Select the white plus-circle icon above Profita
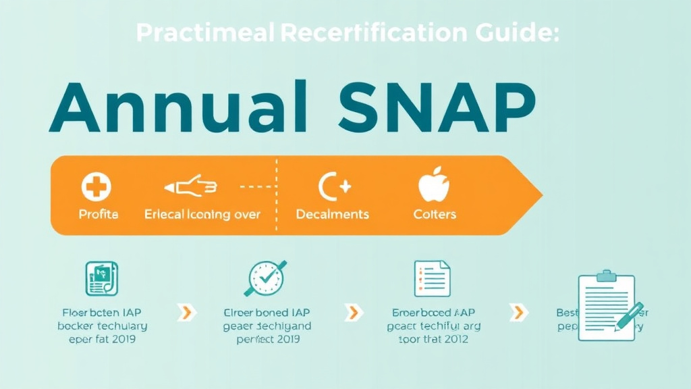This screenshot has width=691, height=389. point(97,186)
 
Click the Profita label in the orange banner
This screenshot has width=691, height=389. point(99,214)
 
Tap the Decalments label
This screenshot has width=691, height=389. point(333,214)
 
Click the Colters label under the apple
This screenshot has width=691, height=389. point(435,214)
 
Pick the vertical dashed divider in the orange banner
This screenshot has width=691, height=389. point(277,196)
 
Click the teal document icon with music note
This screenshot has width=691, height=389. point(102,279)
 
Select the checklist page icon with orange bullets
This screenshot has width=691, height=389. point(432,278)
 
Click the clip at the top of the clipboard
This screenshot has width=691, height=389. point(607,275)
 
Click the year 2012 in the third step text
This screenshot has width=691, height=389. point(455,339)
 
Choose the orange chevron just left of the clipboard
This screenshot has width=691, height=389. point(518,312)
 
